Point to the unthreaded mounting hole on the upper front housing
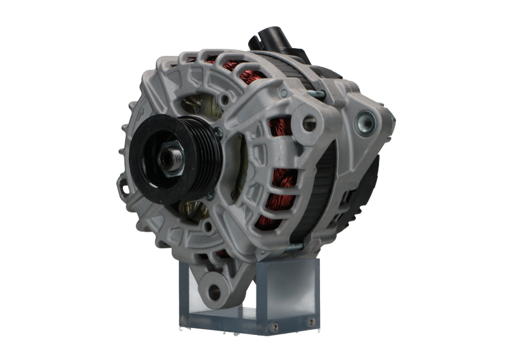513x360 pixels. [312, 119]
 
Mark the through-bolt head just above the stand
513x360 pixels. [293, 245]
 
